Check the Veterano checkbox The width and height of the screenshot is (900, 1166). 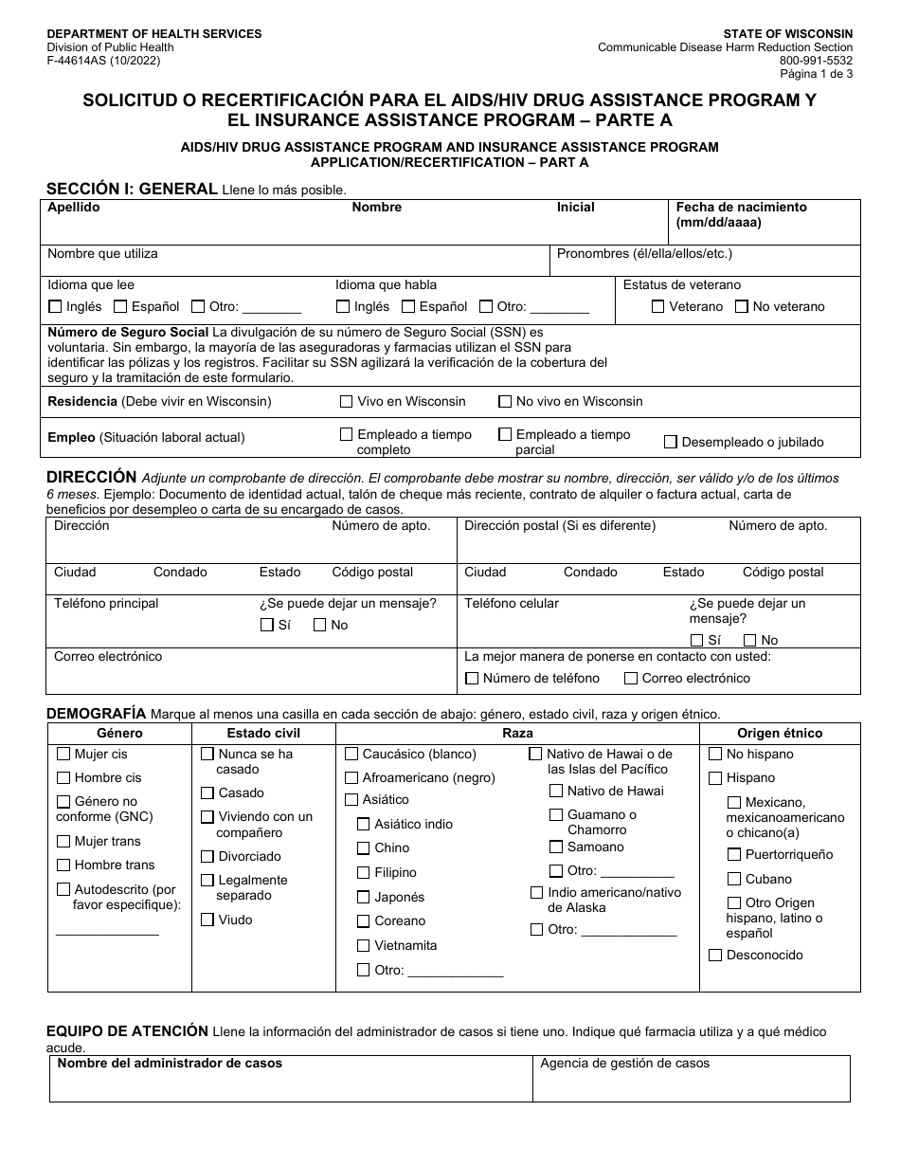(x=658, y=306)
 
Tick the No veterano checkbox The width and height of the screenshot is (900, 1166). (x=742, y=306)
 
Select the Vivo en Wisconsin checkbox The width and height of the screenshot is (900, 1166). (x=347, y=401)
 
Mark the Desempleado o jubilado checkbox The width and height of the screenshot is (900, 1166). (x=671, y=442)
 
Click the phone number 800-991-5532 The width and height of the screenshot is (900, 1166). (x=819, y=61)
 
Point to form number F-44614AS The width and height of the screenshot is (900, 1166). (x=104, y=61)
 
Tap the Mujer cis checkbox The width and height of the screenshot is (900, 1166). (x=63, y=755)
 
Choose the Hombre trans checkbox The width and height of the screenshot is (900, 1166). (x=63, y=865)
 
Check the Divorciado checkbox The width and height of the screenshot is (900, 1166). (x=207, y=857)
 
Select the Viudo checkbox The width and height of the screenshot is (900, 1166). (x=207, y=920)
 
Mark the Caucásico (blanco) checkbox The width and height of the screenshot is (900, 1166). (x=351, y=755)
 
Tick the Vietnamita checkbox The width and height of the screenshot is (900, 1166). (x=363, y=945)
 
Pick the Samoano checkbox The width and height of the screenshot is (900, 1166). (x=556, y=847)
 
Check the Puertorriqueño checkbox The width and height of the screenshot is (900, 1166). (x=734, y=854)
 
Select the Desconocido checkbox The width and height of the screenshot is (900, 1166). (x=715, y=955)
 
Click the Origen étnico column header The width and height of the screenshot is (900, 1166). (x=780, y=733)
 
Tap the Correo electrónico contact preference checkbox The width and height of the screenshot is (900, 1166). (x=631, y=679)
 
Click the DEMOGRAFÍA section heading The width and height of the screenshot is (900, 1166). (x=96, y=713)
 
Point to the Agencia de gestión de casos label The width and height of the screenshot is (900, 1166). (x=624, y=1064)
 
